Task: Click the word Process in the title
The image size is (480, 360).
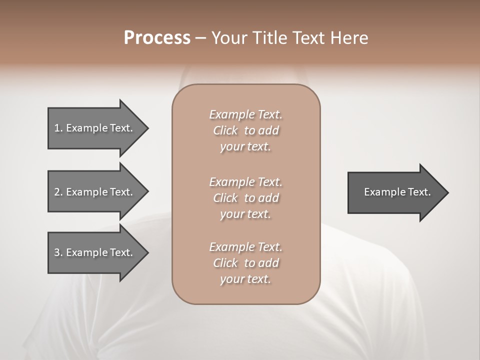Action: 157,38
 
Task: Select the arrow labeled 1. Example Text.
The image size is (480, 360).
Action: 95,128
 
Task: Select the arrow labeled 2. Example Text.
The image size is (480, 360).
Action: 95,192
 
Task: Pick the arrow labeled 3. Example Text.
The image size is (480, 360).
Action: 95,252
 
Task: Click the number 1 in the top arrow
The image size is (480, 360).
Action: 57,128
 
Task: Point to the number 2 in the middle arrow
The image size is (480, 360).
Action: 57,192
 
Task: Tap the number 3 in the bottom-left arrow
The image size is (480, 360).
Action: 57,252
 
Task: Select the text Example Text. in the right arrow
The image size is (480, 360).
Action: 397,192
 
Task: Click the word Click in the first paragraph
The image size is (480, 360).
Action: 225,130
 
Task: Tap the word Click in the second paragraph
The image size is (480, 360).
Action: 225,198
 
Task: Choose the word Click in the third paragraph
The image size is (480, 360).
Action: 225,263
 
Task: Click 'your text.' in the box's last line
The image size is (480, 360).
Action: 245,279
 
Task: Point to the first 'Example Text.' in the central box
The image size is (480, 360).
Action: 245,114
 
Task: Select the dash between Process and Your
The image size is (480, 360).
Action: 200,38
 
